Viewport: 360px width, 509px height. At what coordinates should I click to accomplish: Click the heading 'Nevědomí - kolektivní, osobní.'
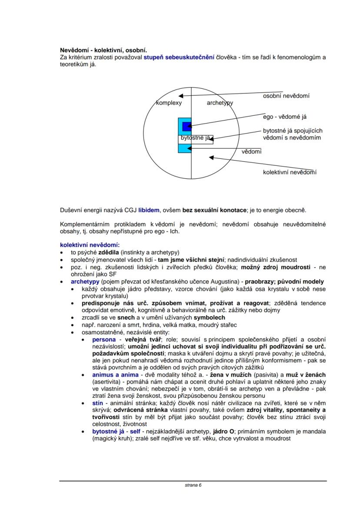106,50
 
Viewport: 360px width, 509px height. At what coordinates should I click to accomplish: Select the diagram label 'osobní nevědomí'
286,96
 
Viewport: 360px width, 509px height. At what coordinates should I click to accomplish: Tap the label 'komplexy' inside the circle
169,103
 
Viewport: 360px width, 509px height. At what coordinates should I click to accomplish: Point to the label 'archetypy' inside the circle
220,103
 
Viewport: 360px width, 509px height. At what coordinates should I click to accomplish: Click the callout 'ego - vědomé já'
287,117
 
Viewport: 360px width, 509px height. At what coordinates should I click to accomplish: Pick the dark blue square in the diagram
187,126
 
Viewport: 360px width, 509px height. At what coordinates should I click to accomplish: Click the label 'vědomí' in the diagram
252,152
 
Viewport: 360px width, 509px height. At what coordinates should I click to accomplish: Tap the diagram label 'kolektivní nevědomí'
290,172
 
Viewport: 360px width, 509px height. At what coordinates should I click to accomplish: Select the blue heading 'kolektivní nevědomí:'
90,245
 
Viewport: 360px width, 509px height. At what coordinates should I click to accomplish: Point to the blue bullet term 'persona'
104,339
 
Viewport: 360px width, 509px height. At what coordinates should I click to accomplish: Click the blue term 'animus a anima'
113,374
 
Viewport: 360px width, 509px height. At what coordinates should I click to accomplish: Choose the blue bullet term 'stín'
98,403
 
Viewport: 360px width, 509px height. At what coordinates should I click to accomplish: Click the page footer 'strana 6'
193,485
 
